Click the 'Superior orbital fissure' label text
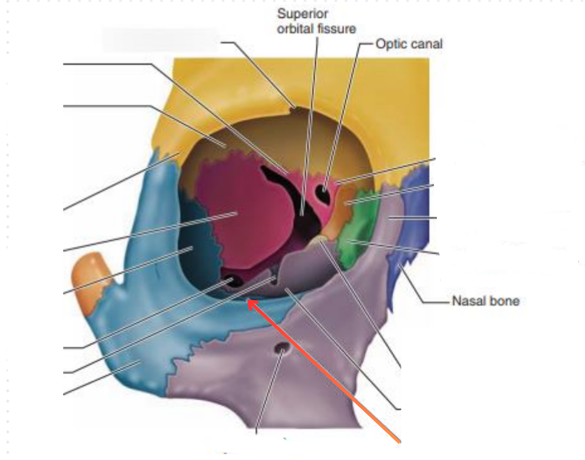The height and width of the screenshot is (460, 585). point(316,21)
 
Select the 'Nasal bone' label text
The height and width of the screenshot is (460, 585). point(485,301)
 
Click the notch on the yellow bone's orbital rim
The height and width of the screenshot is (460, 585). point(295,109)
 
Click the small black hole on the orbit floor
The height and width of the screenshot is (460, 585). point(231,282)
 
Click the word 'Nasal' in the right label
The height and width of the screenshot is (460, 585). point(468,301)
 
